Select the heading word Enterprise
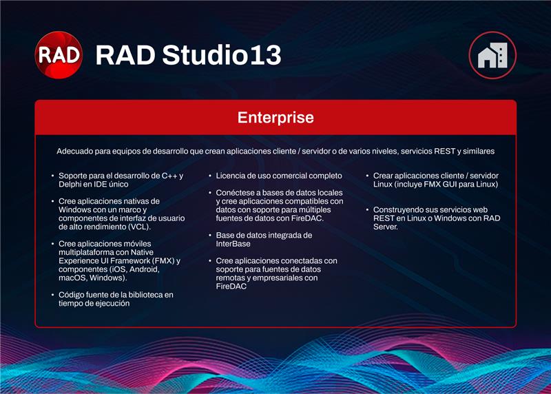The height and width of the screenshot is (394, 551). tap(275, 117)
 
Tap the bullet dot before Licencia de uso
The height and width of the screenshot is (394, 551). tap(209, 176)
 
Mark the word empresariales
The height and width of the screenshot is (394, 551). tap(275, 278)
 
